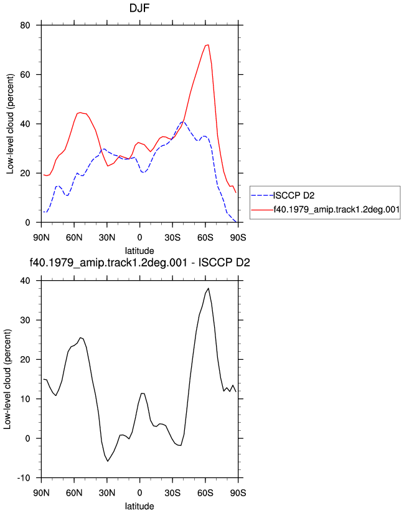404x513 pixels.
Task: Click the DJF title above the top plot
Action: (139, 8)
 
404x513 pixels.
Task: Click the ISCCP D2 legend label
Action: (294, 195)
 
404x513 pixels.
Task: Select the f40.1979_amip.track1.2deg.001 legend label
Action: (336, 210)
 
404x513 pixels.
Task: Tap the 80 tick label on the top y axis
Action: (25, 25)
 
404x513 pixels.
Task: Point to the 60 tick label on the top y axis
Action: (25, 75)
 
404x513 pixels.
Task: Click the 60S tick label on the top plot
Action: (205, 238)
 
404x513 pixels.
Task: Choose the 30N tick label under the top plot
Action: (107, 238)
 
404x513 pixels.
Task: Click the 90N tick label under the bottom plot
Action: (41, 492)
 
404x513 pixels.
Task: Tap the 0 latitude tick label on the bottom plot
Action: (139, 492)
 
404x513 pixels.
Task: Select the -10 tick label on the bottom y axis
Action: (24, 478)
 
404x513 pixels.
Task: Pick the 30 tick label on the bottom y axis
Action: (25, 320)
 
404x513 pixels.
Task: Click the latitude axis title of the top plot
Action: (139, 251)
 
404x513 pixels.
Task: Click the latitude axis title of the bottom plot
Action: (139, 506)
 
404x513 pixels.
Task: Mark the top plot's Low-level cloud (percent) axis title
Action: (10, 124)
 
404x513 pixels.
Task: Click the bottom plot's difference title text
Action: (139, 262)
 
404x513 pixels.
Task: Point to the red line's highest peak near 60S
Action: (208, 45)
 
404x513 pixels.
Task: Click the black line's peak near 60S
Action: (209, 288)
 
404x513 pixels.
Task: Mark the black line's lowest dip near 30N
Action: (108, 461)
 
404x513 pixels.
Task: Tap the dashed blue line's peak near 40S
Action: (183, 122)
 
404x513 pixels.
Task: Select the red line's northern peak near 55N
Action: (80, 113)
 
